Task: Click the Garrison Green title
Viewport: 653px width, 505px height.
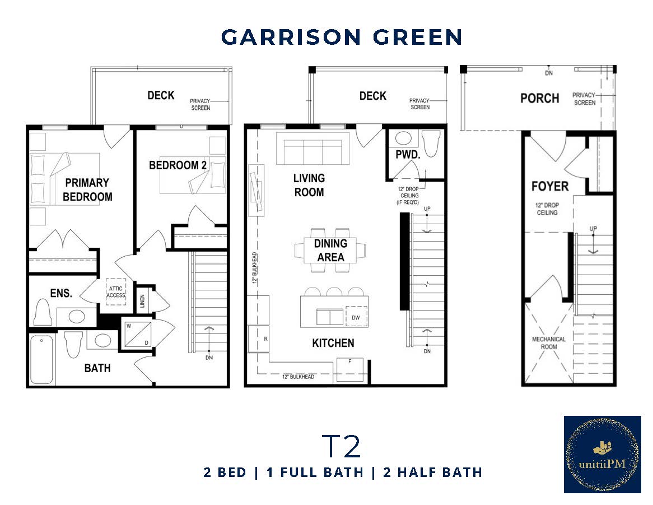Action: click(x=342, y=37)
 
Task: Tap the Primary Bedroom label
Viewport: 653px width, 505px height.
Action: click(x=87, y=189)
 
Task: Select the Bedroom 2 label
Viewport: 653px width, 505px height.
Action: click(x=174, y=165)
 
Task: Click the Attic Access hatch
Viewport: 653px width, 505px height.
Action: click(x=116, y=292)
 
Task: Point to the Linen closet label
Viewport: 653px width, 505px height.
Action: click(x=143, y=302)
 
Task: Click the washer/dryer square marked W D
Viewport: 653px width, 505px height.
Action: click(x=134, y=335)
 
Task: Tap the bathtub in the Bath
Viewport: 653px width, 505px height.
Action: click(x=42, y=359)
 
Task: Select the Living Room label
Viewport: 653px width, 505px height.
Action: click(x=309, y=185)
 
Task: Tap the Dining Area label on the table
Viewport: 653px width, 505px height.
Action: click(x=330, y=251)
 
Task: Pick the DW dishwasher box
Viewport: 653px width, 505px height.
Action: click(x=356, y=317)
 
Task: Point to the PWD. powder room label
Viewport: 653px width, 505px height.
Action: click(x=404, y=154)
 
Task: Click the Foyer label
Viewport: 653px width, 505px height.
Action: click(x=550, y=186)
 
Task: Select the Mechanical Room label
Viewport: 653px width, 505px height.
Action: click(x=548, y=343)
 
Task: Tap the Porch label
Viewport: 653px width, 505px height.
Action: click(x=539, y=98)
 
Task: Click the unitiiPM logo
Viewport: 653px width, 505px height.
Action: click(x=602, y=454)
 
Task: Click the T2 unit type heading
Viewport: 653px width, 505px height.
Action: click(x=341, y=446)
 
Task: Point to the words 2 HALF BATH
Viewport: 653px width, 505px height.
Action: click(x=432, y=472)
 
